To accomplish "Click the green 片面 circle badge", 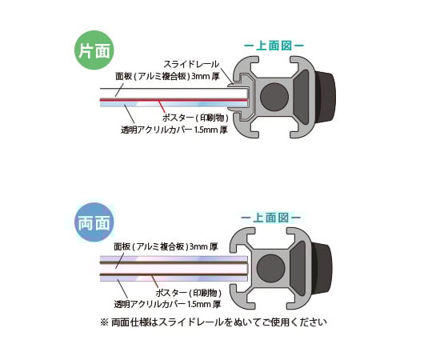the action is [x=94, y=50].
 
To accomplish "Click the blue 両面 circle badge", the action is [x=94, y=222].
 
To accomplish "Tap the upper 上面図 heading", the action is [x=274, y=46].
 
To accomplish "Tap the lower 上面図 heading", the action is [x=271, y=218].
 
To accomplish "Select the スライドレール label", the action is [x=191, y=64].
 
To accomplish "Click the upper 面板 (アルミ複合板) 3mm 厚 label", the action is [x=167, y=76].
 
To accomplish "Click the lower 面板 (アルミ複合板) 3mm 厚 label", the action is [x=166, y=246].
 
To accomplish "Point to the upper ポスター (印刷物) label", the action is [x=195, y=118].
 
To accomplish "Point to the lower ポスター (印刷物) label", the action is [x=189, y=293].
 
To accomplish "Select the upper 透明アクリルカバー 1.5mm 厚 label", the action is [x=174, y=130].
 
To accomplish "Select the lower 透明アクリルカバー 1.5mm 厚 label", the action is [x=167, y=304].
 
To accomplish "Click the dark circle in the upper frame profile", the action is [x=274, y=97].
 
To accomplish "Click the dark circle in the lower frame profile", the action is [x=270, y=268].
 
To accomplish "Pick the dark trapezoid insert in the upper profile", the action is [x=302, y=97].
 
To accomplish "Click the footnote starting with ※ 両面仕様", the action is [x=214, y=322].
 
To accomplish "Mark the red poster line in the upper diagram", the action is [x=174, y=99].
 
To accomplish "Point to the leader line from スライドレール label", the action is [x=226, y=75].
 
